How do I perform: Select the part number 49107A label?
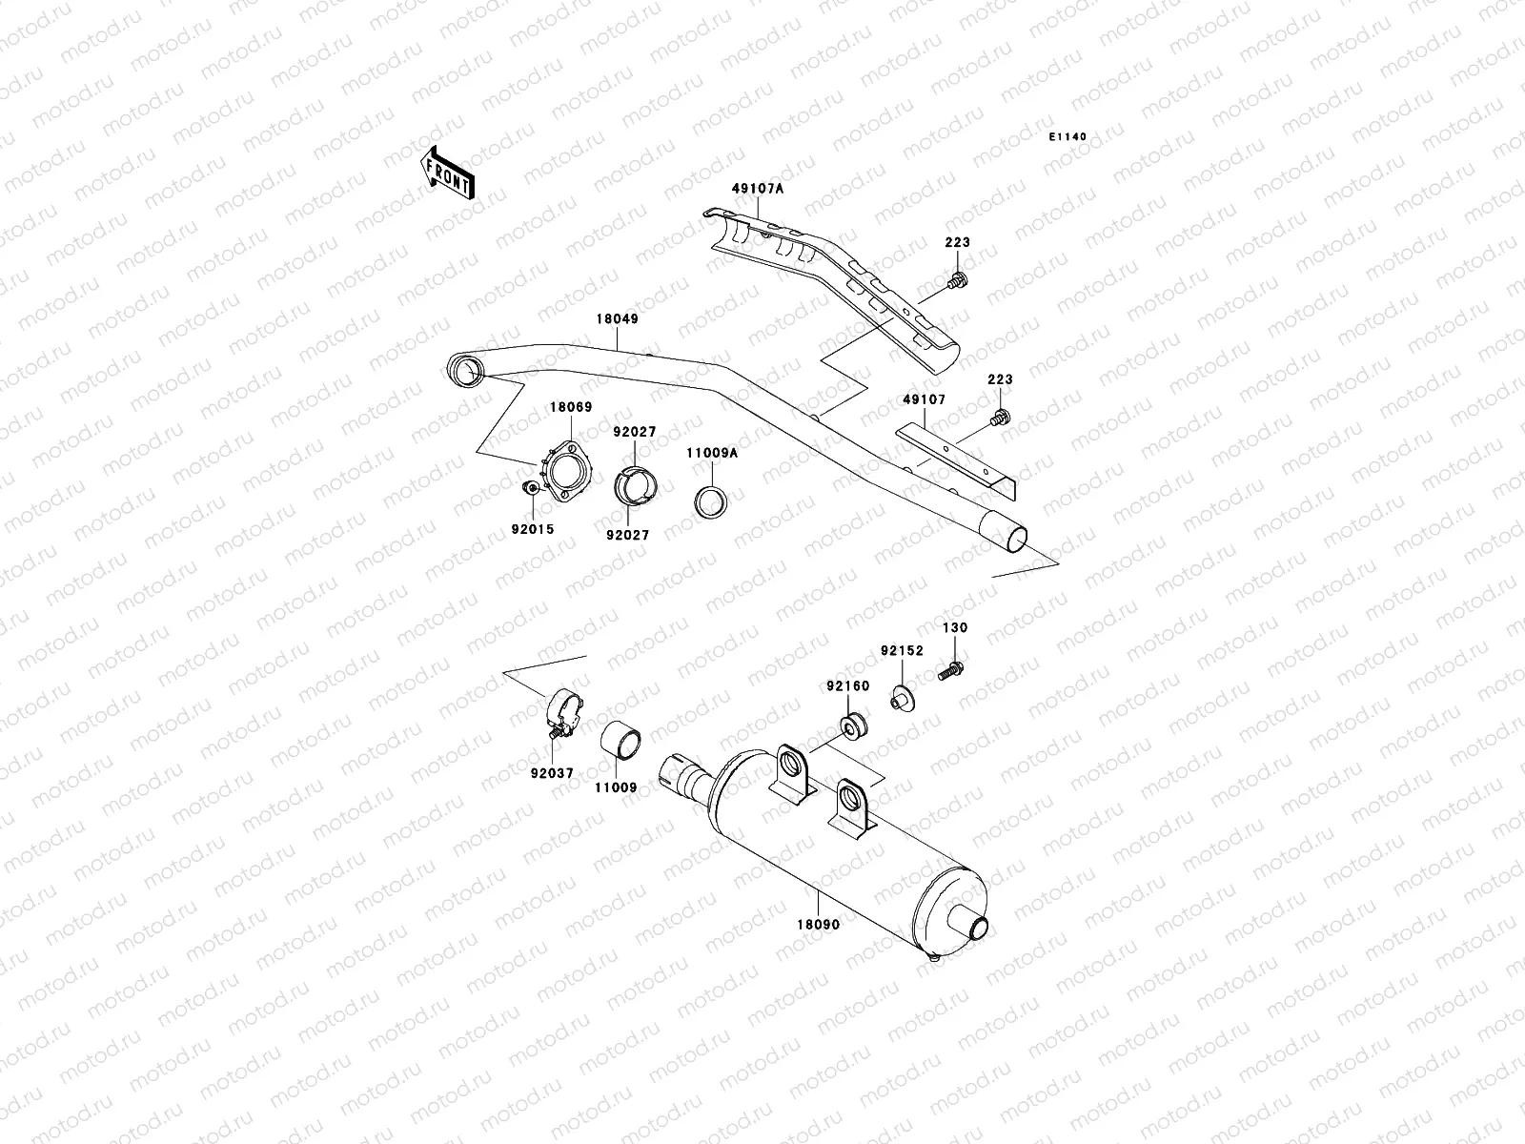pyautogui.click(x=758, y=189)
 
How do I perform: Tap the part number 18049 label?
pyautogui.click(x=618, y=319)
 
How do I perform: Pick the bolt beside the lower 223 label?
pyautogui.click(x=1000, y=417)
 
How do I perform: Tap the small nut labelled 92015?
pyautogui.click(x=530, y=489)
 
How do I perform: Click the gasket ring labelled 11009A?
pyautogui.click(x=711, y=502)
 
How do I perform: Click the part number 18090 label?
pyautogui.click(x=820, y=924)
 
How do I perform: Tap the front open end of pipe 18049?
pyautogui.click(x=465, y=370)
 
